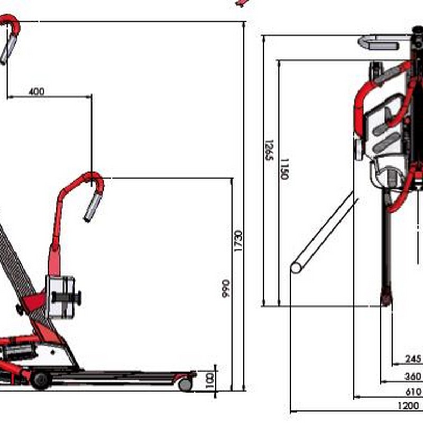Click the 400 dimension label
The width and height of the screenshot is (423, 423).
tap(36, 91)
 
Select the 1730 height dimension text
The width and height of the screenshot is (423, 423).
tap(238, 241)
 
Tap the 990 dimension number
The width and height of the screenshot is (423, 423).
tap(226, 288)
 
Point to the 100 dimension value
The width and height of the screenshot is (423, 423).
tap(209, 381)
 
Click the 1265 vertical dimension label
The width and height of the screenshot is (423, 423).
tap(269, 150)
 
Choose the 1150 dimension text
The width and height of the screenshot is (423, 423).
tap(284, 169)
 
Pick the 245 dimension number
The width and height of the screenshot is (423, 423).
tap(413, 358)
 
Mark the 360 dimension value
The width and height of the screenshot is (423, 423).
tap(413, 376)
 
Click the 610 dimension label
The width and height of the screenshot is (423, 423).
tap(413, 391)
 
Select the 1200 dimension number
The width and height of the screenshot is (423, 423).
tap(408, 406)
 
